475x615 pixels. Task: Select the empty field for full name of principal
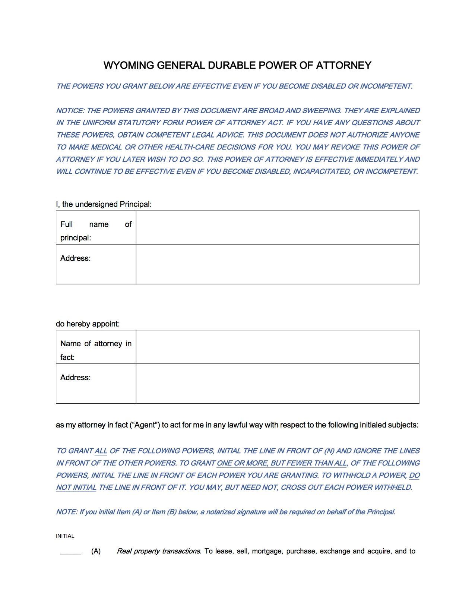click(277, 227)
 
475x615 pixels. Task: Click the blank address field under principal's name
click(277, 264)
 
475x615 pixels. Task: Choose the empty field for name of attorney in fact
click(277, 347)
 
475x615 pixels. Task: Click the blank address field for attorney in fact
click(277, 384)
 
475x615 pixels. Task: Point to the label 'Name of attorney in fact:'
click(96, 350)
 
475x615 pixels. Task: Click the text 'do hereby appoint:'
click(88, 324)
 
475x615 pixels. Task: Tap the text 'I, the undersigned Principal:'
click(104, 204)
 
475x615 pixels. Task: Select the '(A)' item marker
click(96, 551)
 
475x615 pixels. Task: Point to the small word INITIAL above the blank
click(65, 536)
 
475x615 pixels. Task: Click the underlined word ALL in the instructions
click(101, 451)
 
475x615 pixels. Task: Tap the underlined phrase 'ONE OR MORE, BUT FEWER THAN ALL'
click(281, 463)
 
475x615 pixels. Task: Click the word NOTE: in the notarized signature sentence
click(66, 512)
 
